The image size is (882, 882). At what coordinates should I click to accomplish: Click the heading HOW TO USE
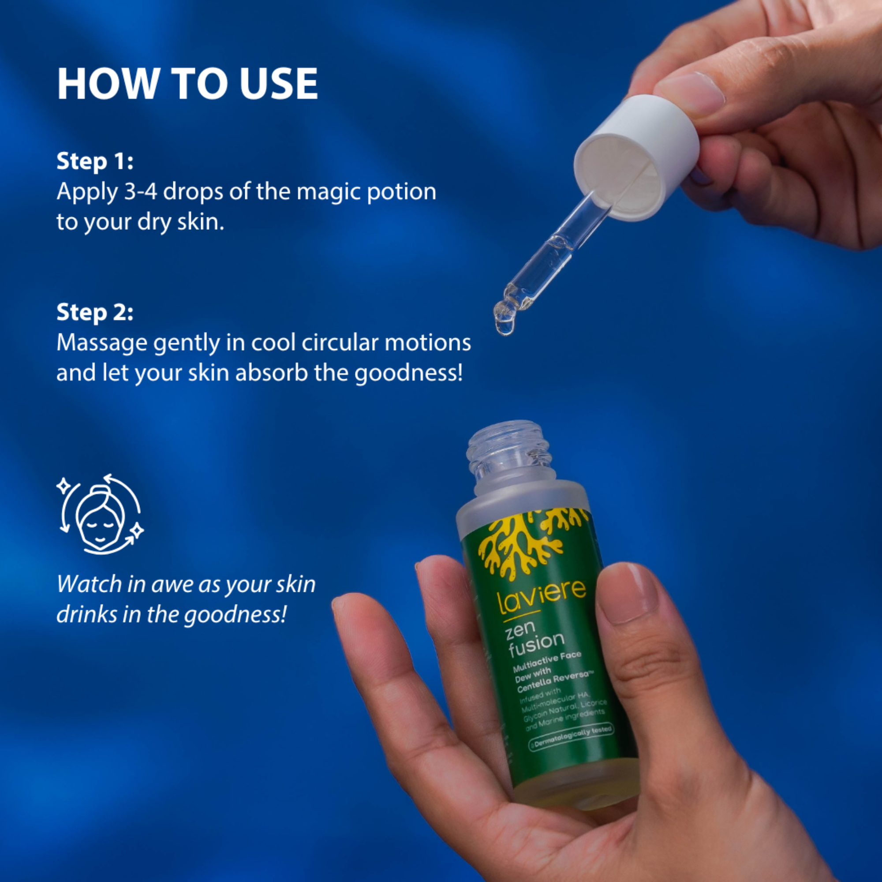coord(187,83)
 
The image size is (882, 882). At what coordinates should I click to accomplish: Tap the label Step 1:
coord(95,161)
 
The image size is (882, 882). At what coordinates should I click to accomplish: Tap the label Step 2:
coord(95,313)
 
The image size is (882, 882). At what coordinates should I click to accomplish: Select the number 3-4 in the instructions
coord(141,192)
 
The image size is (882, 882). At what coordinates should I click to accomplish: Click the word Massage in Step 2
coord(101,343)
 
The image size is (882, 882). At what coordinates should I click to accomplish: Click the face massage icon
coord(100,515)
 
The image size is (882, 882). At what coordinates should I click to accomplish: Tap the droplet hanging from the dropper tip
coord(504,325)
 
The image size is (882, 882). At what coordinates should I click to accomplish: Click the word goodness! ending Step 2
coord(409,374)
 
